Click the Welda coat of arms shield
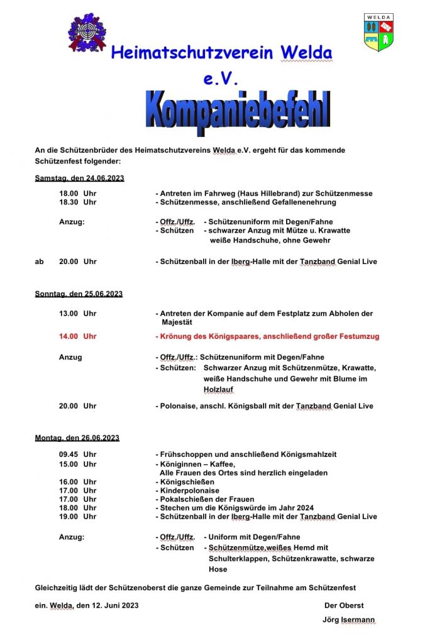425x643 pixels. [378, 32]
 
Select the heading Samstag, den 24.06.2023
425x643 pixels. [79, 178]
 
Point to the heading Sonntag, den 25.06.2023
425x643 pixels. [79, 294]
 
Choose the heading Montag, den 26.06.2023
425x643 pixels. [77, 437]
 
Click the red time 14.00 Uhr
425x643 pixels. [77, 336]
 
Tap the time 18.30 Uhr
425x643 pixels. [77, 202]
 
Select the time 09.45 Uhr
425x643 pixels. [77, 454]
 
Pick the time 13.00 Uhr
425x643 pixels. [77, 313]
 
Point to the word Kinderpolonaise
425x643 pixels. [189, 490]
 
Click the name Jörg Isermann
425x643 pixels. [348, 620]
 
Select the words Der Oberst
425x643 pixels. [344, 605]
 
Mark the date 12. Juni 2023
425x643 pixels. [115, 605]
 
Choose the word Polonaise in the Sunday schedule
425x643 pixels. [179, 406]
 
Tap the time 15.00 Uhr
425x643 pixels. [77, 464]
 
